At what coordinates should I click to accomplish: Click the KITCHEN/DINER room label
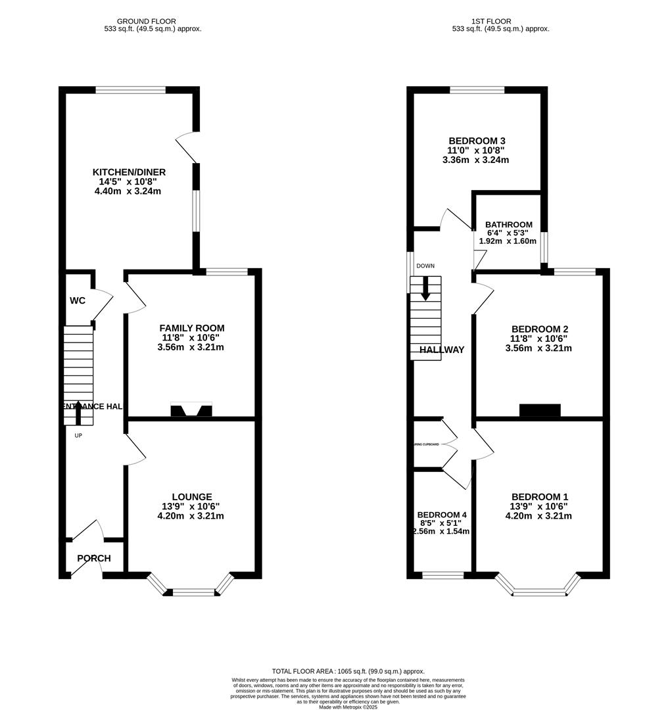(128, 172)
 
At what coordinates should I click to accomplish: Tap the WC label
(78, 301)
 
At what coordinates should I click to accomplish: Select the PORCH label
(94, 559)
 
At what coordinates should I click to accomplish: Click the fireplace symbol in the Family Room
(191, 410)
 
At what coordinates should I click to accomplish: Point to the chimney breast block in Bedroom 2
(540, 410)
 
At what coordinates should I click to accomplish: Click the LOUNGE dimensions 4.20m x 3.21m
(191, 516)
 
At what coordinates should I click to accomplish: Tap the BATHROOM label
(509, 225)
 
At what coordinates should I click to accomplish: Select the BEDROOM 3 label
(477, 141)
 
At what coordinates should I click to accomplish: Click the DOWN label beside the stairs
(425, 266)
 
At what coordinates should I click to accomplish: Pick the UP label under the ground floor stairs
(78, 436)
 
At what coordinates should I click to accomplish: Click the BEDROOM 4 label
(442, 515)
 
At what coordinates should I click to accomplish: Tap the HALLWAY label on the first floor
(443, 350)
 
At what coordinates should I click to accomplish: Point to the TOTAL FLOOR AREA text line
(348, 671)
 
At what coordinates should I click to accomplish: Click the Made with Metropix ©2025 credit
(348, 707)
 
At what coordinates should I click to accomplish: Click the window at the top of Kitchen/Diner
(130, 90)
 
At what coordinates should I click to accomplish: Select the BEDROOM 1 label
(540, 497)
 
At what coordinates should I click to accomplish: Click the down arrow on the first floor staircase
(426, 289)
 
